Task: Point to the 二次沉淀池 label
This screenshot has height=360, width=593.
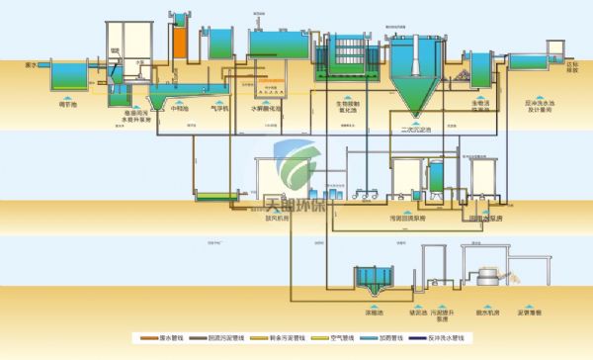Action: [x=413, y=130]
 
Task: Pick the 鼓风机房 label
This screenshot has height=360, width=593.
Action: [x=277, y=221]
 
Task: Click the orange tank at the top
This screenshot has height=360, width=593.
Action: [x=180, y=43]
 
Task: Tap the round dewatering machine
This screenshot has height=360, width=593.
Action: [x=486, y=278]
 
